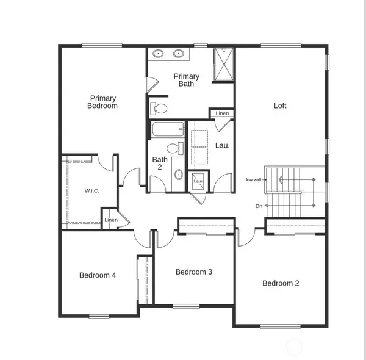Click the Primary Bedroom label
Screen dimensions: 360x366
[x=103, y=102]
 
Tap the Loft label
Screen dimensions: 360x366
[x=280, y=106]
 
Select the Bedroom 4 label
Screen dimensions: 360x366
[x=98, y=275]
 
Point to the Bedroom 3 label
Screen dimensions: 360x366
[x=193, y=272]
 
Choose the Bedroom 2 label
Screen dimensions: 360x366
[x=281, y=283]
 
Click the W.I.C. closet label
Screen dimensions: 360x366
[x=91, y=191]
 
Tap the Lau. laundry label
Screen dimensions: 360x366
[x=222, y=145]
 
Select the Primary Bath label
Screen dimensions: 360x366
[x=186, y=80]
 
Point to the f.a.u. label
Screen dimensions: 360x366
[x=199, y=181]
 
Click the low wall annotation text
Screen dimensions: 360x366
[x=254, y=180]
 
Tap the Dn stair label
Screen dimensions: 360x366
[x=259, y=206]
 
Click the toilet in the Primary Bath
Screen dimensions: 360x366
[x=160, y=109]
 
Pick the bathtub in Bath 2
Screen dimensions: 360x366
[x=167, y=129]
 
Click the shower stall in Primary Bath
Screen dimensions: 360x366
[x=223, y=64]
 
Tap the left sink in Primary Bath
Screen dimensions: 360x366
[x=159, y=54]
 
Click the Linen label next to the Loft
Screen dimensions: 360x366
[x=222, y=113]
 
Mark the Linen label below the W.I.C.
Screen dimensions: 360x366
[x=111, y=220]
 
